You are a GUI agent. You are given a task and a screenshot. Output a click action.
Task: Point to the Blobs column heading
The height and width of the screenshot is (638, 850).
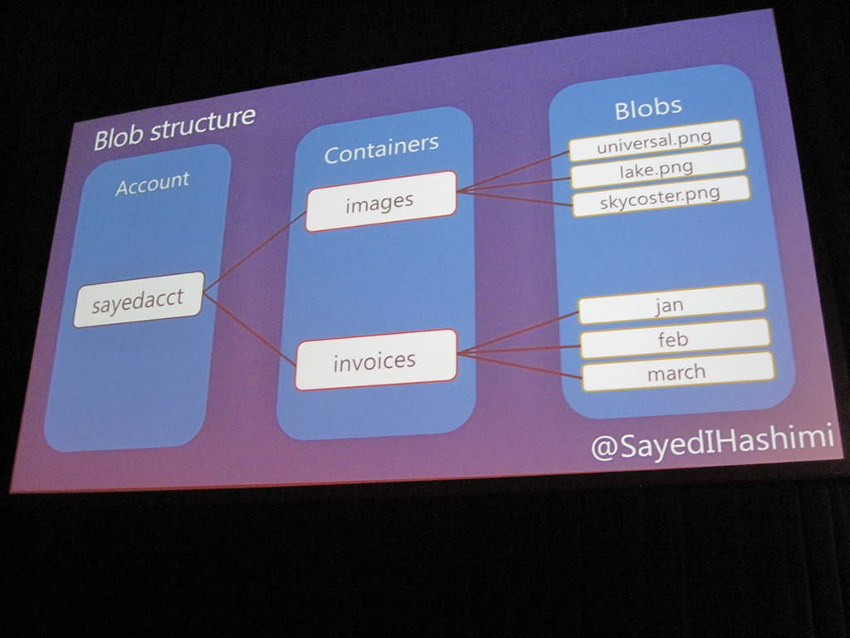coord(648,107)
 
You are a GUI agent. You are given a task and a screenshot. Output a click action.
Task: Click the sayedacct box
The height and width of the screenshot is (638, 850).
coord(138,299)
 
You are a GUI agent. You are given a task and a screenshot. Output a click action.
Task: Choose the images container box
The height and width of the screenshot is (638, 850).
coord(380,201)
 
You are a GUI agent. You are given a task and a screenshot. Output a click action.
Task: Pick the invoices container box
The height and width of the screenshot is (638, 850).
coord(375,361)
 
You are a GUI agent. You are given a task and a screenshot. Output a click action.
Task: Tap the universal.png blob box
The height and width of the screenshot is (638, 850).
coord(654,140)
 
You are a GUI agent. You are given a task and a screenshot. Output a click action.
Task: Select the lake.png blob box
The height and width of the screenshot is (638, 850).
coord(657,169)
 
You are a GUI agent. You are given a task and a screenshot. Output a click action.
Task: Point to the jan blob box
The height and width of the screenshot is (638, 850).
coord(670,305)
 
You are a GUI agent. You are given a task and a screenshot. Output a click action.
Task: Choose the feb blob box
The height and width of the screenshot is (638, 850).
coord(673,339)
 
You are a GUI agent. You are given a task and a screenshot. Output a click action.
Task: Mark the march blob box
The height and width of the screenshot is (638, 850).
coord(677,372)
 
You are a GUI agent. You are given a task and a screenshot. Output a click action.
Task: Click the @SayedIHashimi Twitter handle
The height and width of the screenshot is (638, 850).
coord(711,443)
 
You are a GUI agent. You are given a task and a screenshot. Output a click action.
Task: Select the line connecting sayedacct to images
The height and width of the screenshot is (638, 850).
coord(254,251)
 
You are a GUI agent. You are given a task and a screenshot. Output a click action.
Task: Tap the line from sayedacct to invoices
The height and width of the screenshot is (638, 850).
coord(249,328)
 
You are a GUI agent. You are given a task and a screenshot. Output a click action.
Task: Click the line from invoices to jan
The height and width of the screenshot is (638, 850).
coord(517,333)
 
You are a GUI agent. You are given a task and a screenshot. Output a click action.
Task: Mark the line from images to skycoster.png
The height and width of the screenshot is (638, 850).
coord(515,198)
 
